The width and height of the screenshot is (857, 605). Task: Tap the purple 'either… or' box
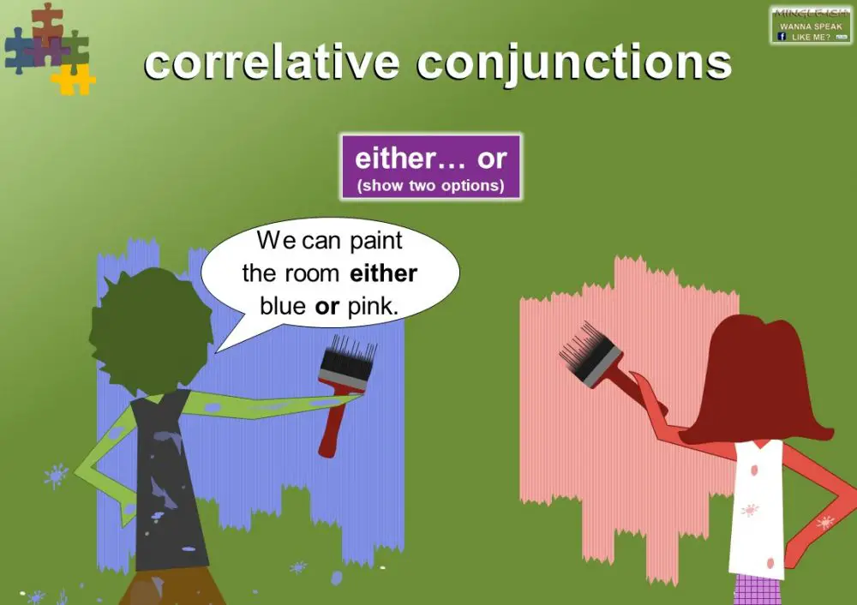click(431, 166)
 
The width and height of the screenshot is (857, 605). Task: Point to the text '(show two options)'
click(431, 185)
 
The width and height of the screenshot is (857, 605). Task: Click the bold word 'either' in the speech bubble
click(383, 273)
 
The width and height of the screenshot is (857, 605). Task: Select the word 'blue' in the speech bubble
click(283, 306)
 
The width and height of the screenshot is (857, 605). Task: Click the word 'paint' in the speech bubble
click(375, 242)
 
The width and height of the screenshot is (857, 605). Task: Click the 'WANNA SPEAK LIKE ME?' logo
click(810, 26)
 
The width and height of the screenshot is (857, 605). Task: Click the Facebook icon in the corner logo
click(782, 36)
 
